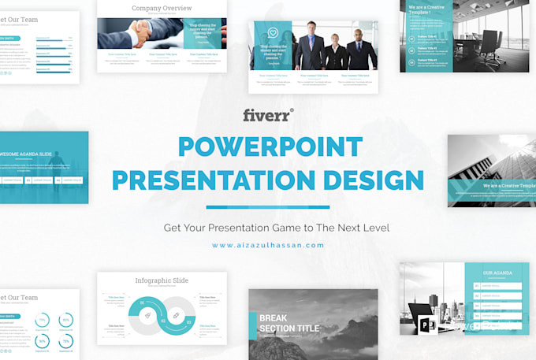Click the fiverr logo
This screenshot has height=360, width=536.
coord(267,115)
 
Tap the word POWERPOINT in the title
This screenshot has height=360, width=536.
coord(270,147)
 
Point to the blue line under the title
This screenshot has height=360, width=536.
coord(267,207)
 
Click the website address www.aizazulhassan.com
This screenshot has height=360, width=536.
coord(267,245)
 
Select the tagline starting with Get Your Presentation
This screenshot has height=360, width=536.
coord(276,228)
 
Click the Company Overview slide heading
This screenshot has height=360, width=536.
coord(162,9)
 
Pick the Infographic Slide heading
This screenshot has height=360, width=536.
coord(162,280)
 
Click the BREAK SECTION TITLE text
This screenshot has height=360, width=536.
coord(289,323)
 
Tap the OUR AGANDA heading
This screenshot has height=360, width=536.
coord(497,273)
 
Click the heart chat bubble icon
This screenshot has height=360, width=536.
coord(273,33)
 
